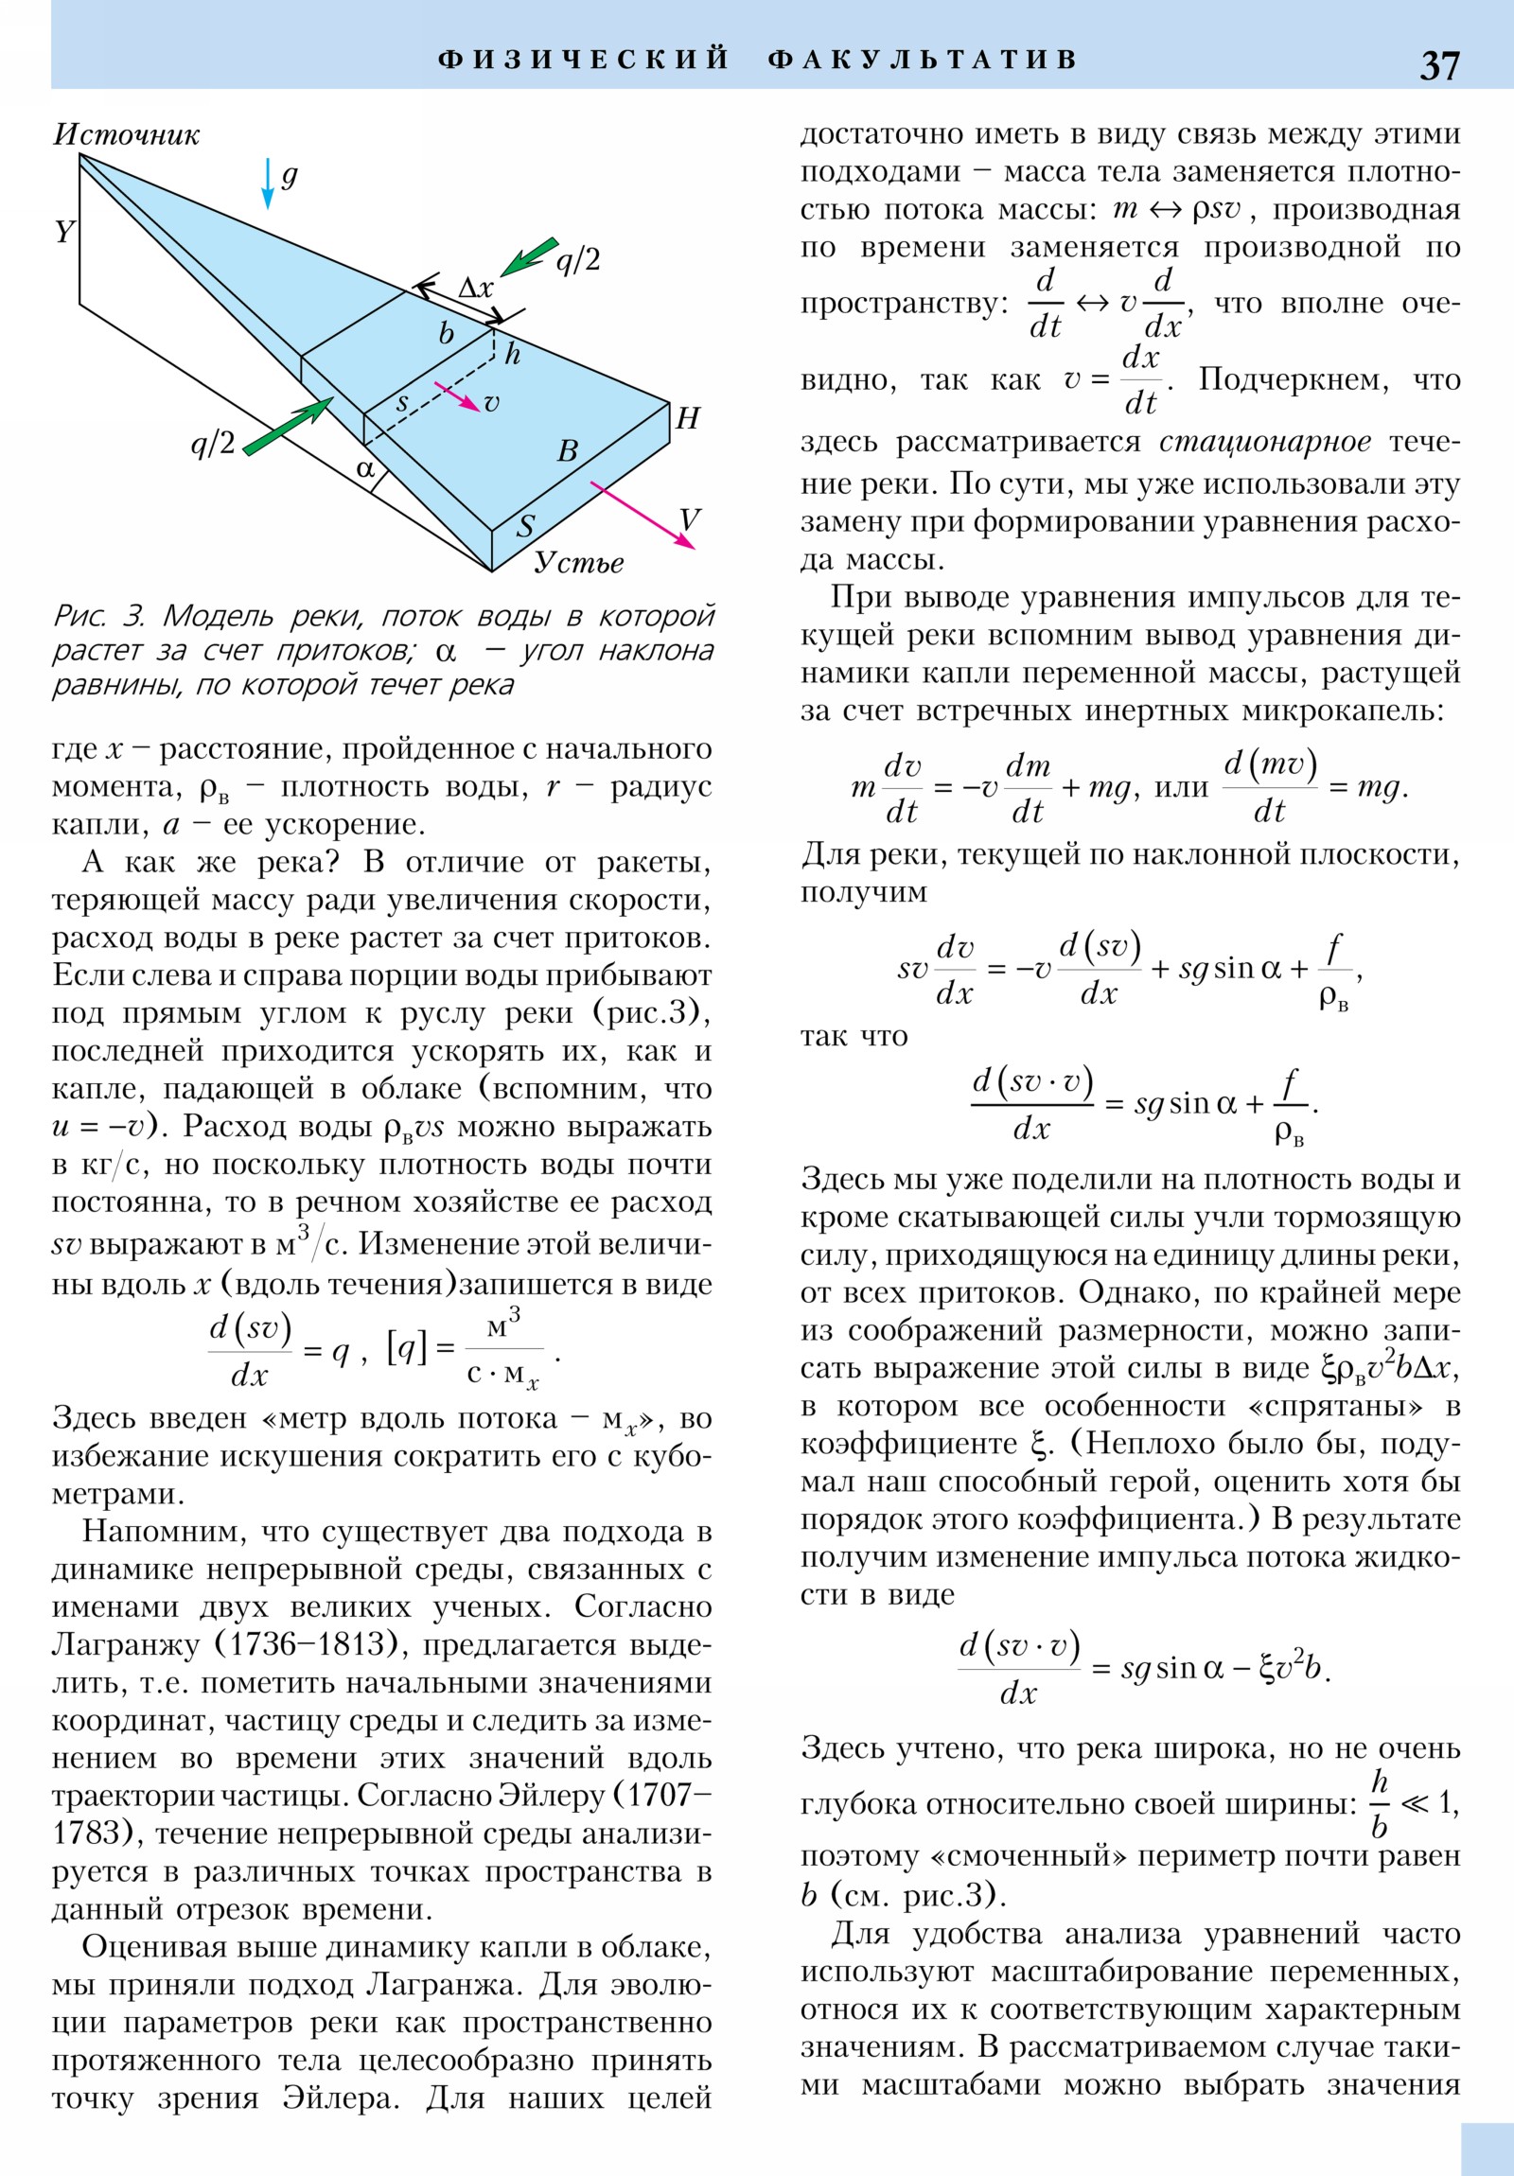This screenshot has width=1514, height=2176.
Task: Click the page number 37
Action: pos(1438,65)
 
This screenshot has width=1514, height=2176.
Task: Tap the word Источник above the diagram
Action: pos(126,134)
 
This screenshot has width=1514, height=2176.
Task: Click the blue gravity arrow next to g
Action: pos(269,184)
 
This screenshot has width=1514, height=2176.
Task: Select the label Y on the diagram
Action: pos(64,231)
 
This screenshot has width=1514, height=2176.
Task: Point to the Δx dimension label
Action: pos(475,289)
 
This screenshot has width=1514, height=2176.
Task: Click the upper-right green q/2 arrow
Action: pos(529,256)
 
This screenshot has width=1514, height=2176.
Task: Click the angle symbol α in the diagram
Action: pos(365,468)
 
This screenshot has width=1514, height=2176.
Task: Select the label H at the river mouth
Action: pos(687,418)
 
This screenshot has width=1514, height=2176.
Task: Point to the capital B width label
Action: pos(567,451)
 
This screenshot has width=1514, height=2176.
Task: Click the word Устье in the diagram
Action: pos(578,563)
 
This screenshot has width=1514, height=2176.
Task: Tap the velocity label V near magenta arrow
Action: pos(689,519)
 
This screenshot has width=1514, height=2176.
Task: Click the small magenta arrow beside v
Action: pos(457,396)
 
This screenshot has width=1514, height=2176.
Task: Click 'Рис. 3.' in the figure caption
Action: pos(98,617)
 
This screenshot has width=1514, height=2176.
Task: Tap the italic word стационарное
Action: pos(1265,442)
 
